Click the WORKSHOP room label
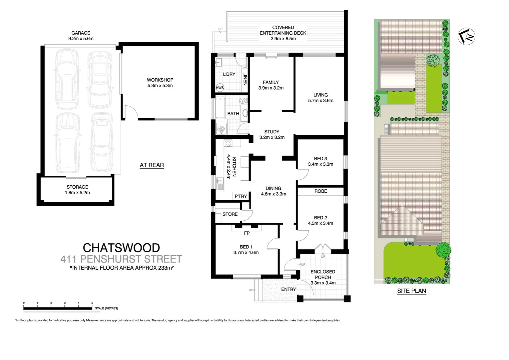160,80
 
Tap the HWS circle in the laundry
220,88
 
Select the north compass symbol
466,36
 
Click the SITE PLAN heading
411,291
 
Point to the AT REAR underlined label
152,165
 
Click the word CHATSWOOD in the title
121,248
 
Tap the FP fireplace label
247,233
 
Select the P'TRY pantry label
241,196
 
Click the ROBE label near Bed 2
320,191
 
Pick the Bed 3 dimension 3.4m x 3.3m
320,164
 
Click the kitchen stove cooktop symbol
228,143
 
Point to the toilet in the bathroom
243,100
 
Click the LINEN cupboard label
246,79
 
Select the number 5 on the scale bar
92,303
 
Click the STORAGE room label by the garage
77,187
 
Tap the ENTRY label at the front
288,289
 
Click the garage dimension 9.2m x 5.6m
81,39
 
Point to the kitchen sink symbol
220,183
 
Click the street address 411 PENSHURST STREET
121,259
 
